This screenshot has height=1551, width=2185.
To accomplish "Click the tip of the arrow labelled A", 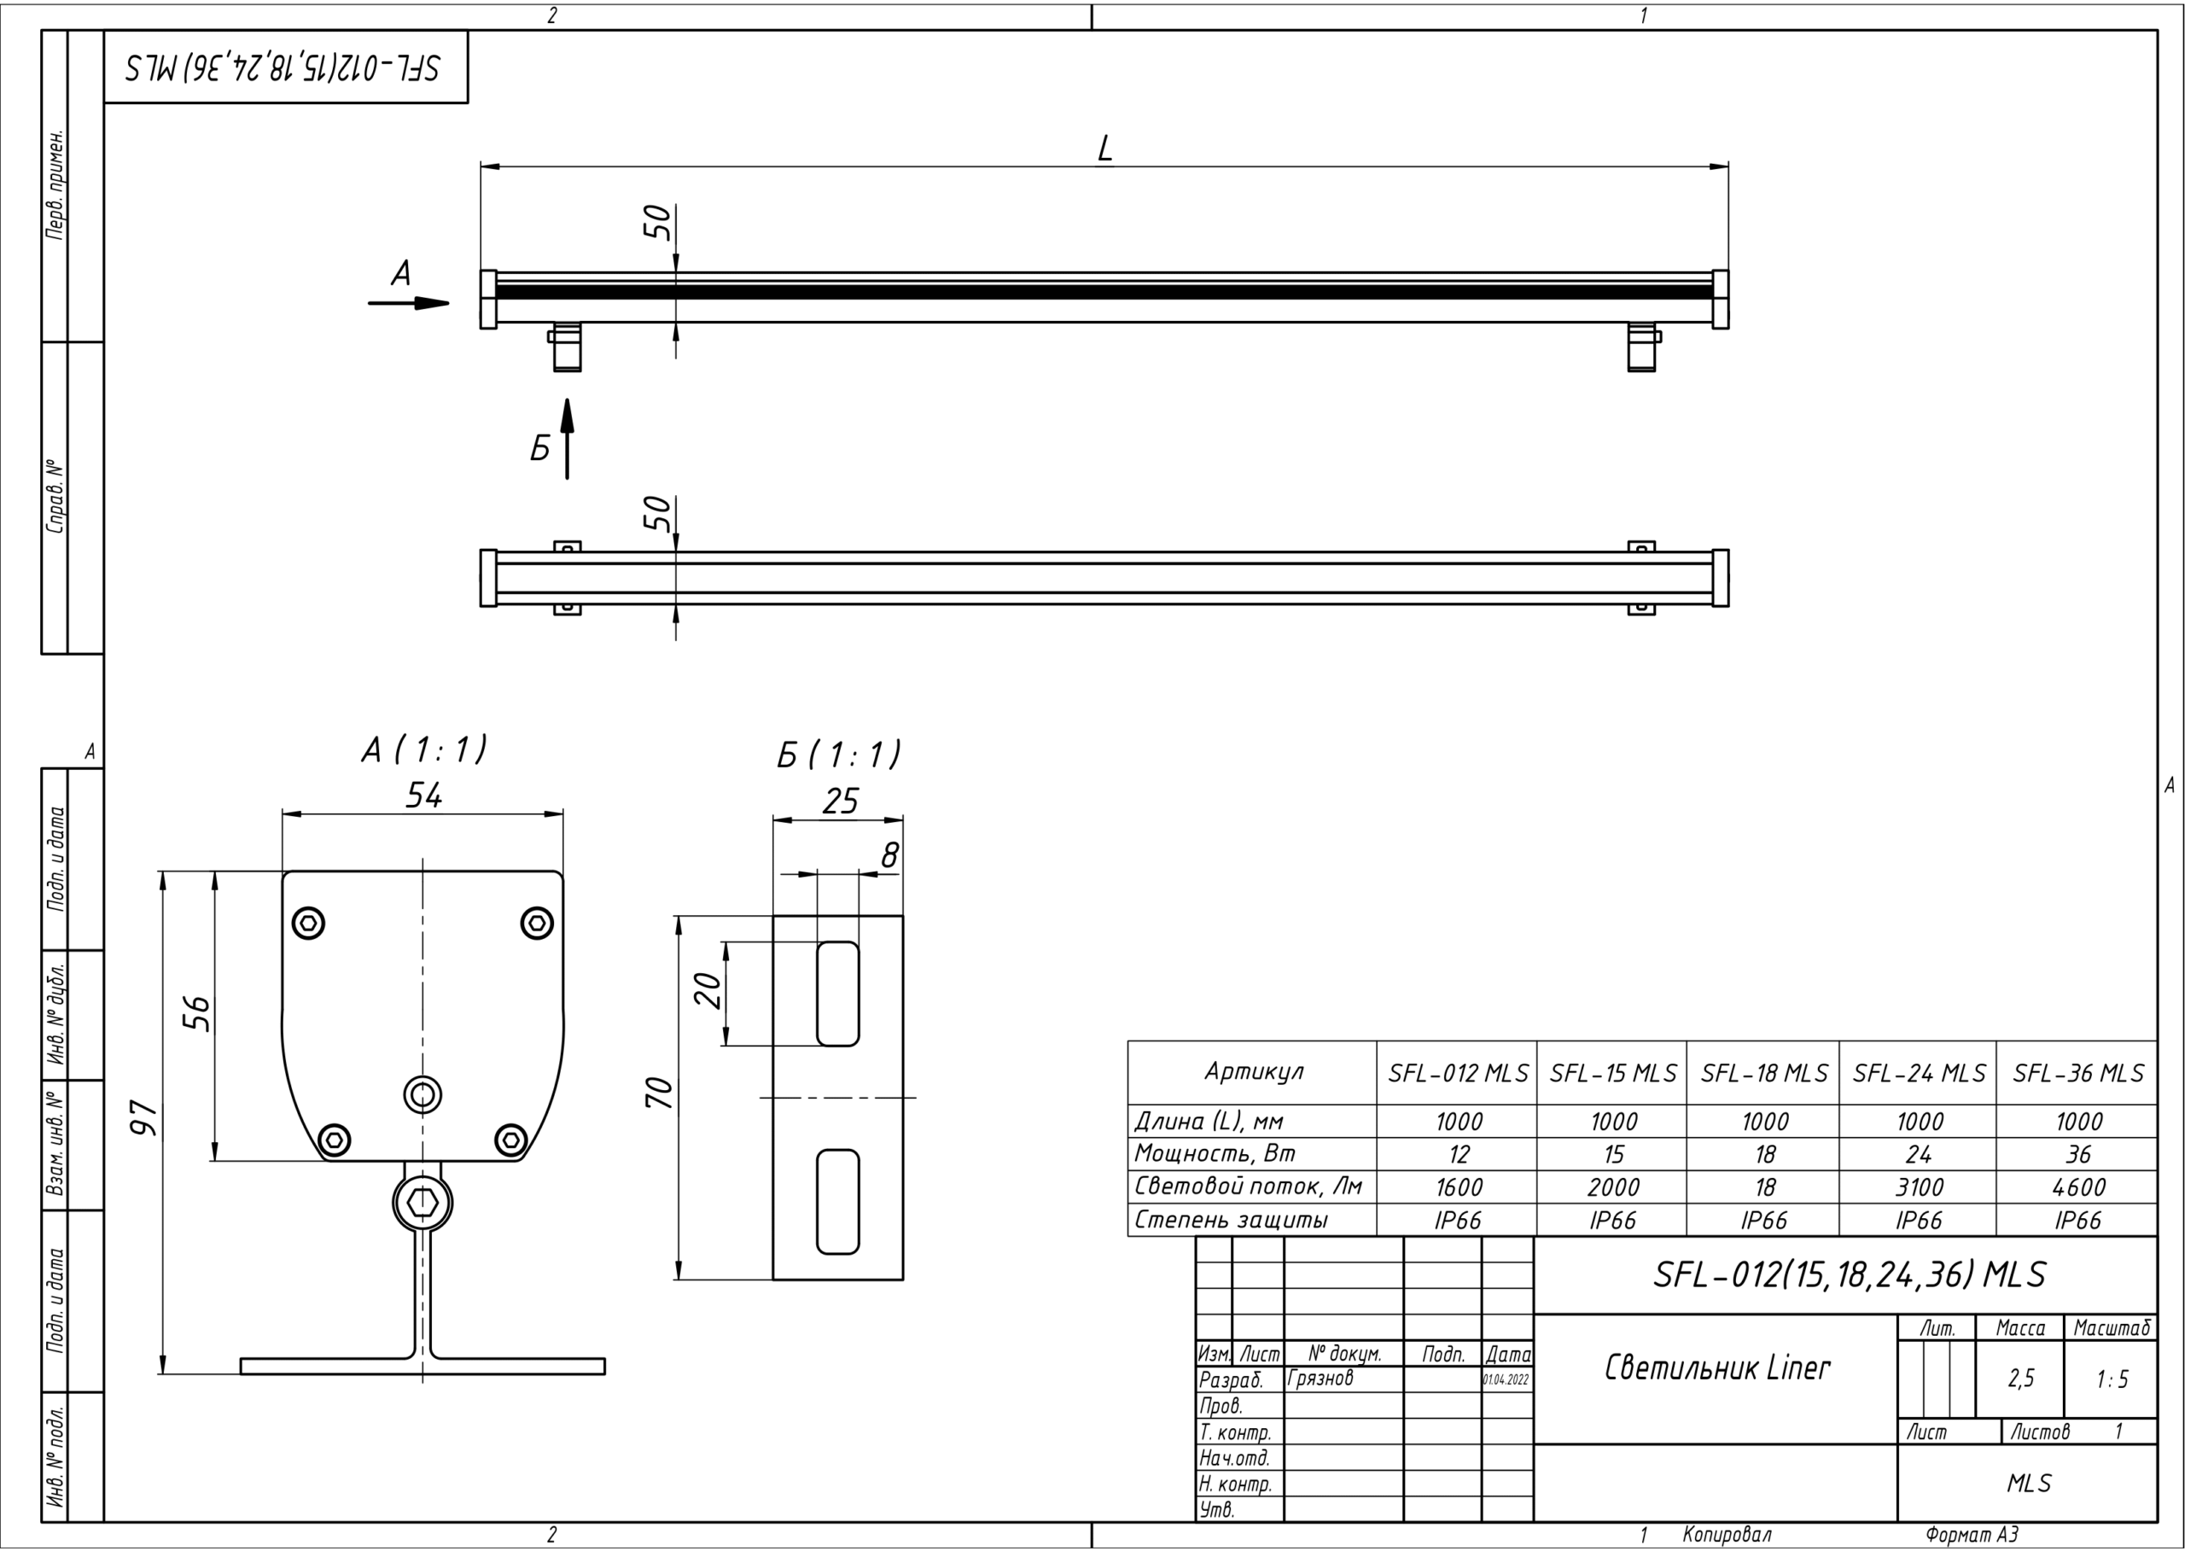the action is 449,304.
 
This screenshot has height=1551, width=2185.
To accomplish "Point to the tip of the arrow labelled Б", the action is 568,399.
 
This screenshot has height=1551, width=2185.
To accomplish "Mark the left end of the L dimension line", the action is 481,167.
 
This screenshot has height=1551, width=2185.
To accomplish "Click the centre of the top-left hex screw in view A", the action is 307,923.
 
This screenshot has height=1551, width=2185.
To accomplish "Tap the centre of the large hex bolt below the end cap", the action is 422,1204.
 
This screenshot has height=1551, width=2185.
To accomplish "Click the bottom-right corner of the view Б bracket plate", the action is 903,1280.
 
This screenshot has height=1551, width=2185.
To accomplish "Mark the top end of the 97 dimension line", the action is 163,871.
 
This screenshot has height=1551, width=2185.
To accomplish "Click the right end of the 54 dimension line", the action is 563,814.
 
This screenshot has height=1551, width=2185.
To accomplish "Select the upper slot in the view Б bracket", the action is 837,994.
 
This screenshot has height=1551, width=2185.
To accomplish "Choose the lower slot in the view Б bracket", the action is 837,1202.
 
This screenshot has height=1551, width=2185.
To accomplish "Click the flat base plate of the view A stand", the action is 422,1367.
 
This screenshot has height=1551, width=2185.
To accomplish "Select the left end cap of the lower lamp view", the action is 488,578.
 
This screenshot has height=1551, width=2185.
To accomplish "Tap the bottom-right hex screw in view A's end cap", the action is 512,1140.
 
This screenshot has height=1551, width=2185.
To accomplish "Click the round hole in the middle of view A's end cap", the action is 422,1093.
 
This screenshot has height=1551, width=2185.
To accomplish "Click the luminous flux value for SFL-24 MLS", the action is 1919,1188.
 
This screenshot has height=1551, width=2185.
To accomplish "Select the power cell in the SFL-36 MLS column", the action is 2078,1155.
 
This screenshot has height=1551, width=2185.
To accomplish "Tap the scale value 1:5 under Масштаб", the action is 2112,1379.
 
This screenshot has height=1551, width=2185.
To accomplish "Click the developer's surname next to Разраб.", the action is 1320,1378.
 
